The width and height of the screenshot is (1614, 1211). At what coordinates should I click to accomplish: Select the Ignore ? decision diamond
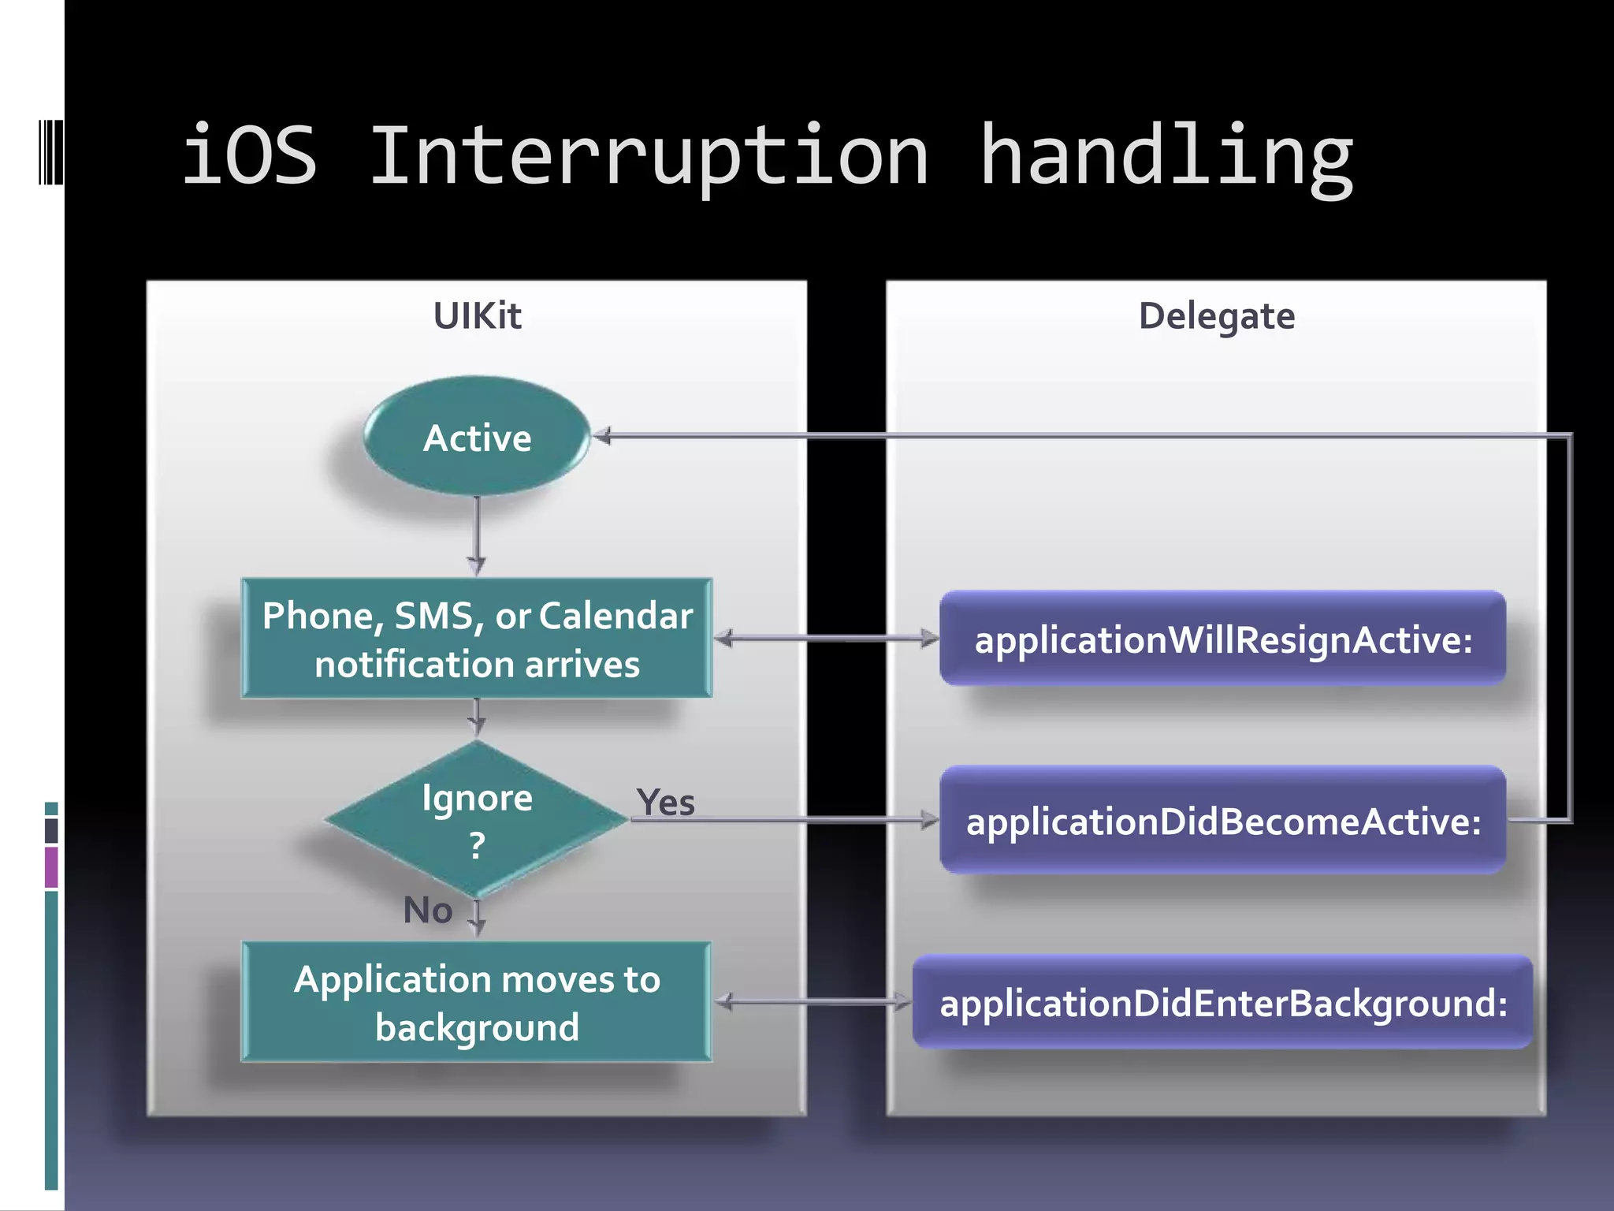tap(477, 820)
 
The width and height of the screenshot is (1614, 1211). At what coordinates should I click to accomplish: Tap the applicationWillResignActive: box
tap(1222, 639)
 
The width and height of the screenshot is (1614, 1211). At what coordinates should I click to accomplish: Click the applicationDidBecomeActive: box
tap(1222, 820)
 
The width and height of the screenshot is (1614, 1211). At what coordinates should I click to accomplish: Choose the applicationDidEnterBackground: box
tap(1222, 1002)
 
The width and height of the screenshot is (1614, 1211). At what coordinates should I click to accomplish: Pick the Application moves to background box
tap(477, 1002)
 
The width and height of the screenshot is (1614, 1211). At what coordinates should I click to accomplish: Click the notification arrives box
tap(477, 639)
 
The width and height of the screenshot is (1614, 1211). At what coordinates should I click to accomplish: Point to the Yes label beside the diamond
tap(666, 803)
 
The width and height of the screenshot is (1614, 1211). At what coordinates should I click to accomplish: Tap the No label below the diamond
tap(428, 910)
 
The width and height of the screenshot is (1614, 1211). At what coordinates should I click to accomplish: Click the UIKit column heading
tap(477, 316)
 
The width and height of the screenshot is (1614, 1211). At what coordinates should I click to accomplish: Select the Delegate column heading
tap(1216, 316)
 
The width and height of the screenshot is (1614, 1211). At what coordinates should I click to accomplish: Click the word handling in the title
tap(1166, 158)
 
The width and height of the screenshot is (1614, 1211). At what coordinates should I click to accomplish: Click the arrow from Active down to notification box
tap(477, 536)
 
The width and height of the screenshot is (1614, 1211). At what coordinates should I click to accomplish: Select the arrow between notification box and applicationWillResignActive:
tap(826, 638)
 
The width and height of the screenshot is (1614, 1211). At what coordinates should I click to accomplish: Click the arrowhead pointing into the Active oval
tap(602, 435)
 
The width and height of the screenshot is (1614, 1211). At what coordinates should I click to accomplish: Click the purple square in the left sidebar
tap(51, 867)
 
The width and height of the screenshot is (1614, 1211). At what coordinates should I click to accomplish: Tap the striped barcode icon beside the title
tap(50, 151)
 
